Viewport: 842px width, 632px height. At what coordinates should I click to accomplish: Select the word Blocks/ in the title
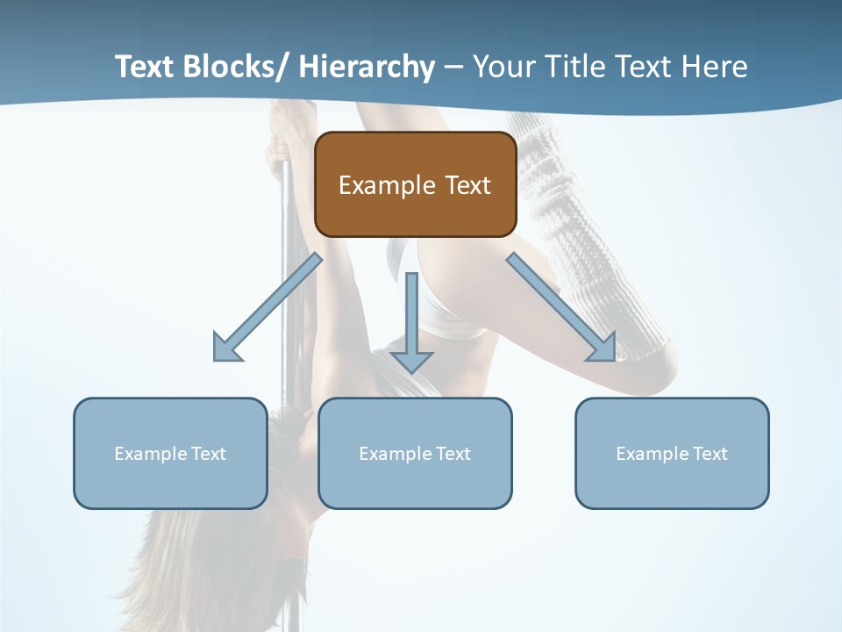point(235,68)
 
